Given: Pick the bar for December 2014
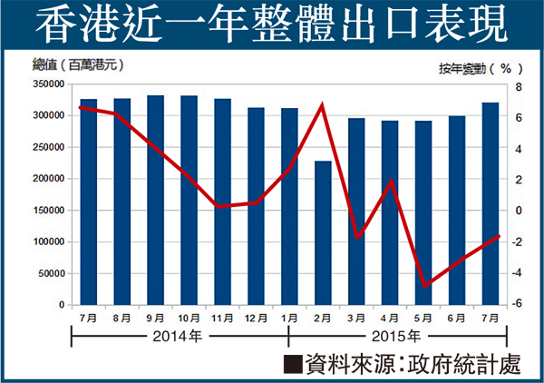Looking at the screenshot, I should point(256,208).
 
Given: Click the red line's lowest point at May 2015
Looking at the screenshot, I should point(423,286).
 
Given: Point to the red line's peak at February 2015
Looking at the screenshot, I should point(323,105).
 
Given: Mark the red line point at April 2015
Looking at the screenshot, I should point(390,181).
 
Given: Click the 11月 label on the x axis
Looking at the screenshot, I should point(222,319).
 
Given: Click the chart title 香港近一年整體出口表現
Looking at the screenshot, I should point(272,25).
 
